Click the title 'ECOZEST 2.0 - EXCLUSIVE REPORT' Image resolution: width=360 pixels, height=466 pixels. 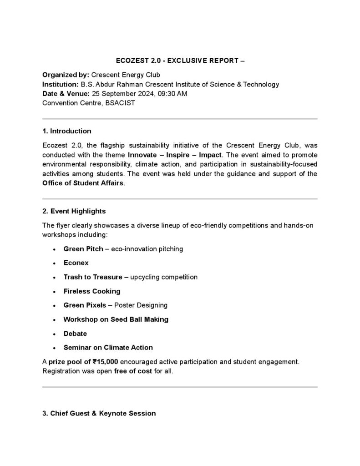coord(180,61)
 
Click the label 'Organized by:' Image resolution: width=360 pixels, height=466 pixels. coord(66,75)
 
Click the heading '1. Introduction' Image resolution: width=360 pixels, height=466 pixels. coord(66,131)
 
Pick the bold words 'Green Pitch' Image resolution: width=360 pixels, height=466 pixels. coord(83,249)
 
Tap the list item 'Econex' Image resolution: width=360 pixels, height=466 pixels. coord(76,263)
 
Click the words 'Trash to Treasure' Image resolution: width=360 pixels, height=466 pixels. coord(93,277)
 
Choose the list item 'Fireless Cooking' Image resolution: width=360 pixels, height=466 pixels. coord(92,291)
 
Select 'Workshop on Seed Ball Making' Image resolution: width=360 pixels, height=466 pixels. coord(116,319)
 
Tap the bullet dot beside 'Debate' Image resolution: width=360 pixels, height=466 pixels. coord(54,334)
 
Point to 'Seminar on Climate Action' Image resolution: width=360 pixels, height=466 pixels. coord(108,348)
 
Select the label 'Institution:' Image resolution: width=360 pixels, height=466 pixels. coord(61,84)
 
